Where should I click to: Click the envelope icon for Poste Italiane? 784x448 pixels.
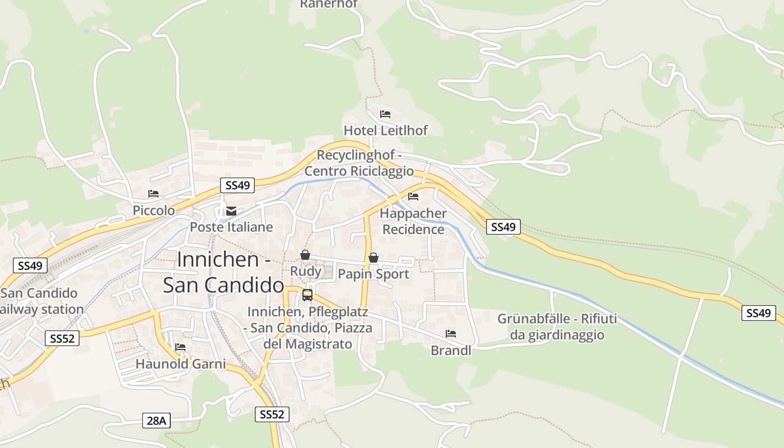[x=231, y=211]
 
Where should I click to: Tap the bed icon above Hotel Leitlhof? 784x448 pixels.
[x=385, y=114]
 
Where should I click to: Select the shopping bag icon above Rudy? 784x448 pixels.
[x=305, y=255]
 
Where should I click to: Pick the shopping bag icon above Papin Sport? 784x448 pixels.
[x=374, y=258]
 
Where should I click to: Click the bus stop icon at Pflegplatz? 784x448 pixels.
[x=307, y=295]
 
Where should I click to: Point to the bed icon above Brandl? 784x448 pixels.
[x=451, y=334]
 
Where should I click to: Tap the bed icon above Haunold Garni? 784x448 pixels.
[x=180, y=348]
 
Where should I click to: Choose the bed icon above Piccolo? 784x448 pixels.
[x=153, y=194]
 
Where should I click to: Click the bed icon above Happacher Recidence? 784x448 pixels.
[x=413, y=197]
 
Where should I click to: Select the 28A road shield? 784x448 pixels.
[x=157, y=421]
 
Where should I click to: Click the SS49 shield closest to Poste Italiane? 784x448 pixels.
[x=237, y=185]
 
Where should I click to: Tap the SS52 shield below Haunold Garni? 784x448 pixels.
[x=273, y=414]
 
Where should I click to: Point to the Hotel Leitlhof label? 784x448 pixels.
[x=385, y=130]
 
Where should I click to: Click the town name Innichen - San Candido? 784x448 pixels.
[x=224, y=272]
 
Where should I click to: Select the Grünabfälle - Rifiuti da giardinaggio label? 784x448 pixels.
[x=557, y=327]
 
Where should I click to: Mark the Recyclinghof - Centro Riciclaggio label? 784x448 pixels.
[x=359, y=163]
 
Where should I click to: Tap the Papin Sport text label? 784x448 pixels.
[x=374, y=274]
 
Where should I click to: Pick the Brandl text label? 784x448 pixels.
[x=451, y=351]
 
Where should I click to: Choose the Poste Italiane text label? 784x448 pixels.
[x=231, y=227]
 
